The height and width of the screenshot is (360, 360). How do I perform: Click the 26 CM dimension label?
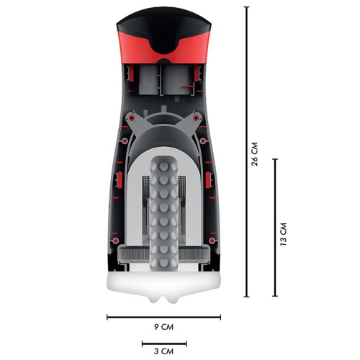click(254, 154)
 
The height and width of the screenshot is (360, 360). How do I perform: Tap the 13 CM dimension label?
click(284, 234)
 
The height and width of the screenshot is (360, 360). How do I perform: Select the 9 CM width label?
click(163, 327)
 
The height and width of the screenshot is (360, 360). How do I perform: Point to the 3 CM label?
click(163, 351)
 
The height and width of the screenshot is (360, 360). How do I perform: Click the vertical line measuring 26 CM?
click(246, 152)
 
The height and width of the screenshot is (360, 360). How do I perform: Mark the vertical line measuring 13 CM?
click(275, 228)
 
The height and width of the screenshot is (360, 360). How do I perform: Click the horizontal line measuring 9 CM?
click(163, 318)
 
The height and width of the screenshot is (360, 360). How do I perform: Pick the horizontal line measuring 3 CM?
click(164, 344)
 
